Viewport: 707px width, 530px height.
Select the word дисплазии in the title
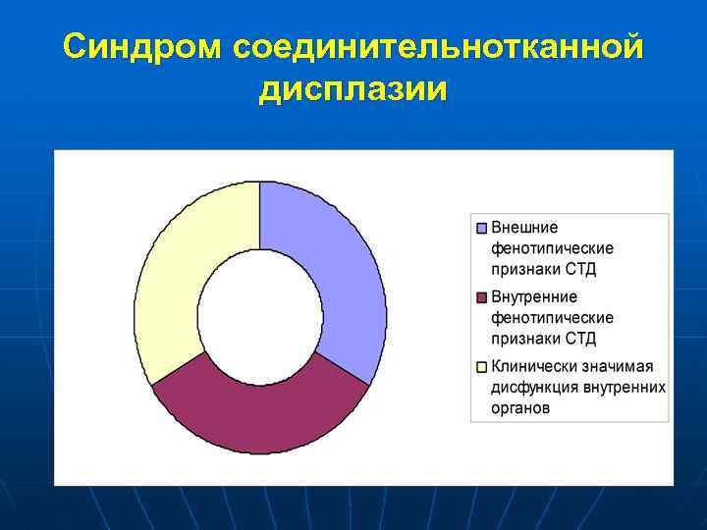pos(353,89)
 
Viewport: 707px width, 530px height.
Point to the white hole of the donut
pos(260,317)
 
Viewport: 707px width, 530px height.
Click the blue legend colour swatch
pos(481,228)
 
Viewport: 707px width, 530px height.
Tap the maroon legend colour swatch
pos(481,297)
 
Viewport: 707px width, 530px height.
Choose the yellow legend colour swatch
pos(481,367)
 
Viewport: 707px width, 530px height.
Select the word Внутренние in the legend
pos(534,297)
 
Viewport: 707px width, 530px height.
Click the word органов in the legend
pos(520,408)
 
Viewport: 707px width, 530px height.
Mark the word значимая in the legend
pos(620,367)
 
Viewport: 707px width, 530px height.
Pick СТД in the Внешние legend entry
pos(579,269)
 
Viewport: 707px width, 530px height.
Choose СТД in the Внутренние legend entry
pos(579,339)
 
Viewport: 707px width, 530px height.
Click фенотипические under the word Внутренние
pos(552,318)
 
